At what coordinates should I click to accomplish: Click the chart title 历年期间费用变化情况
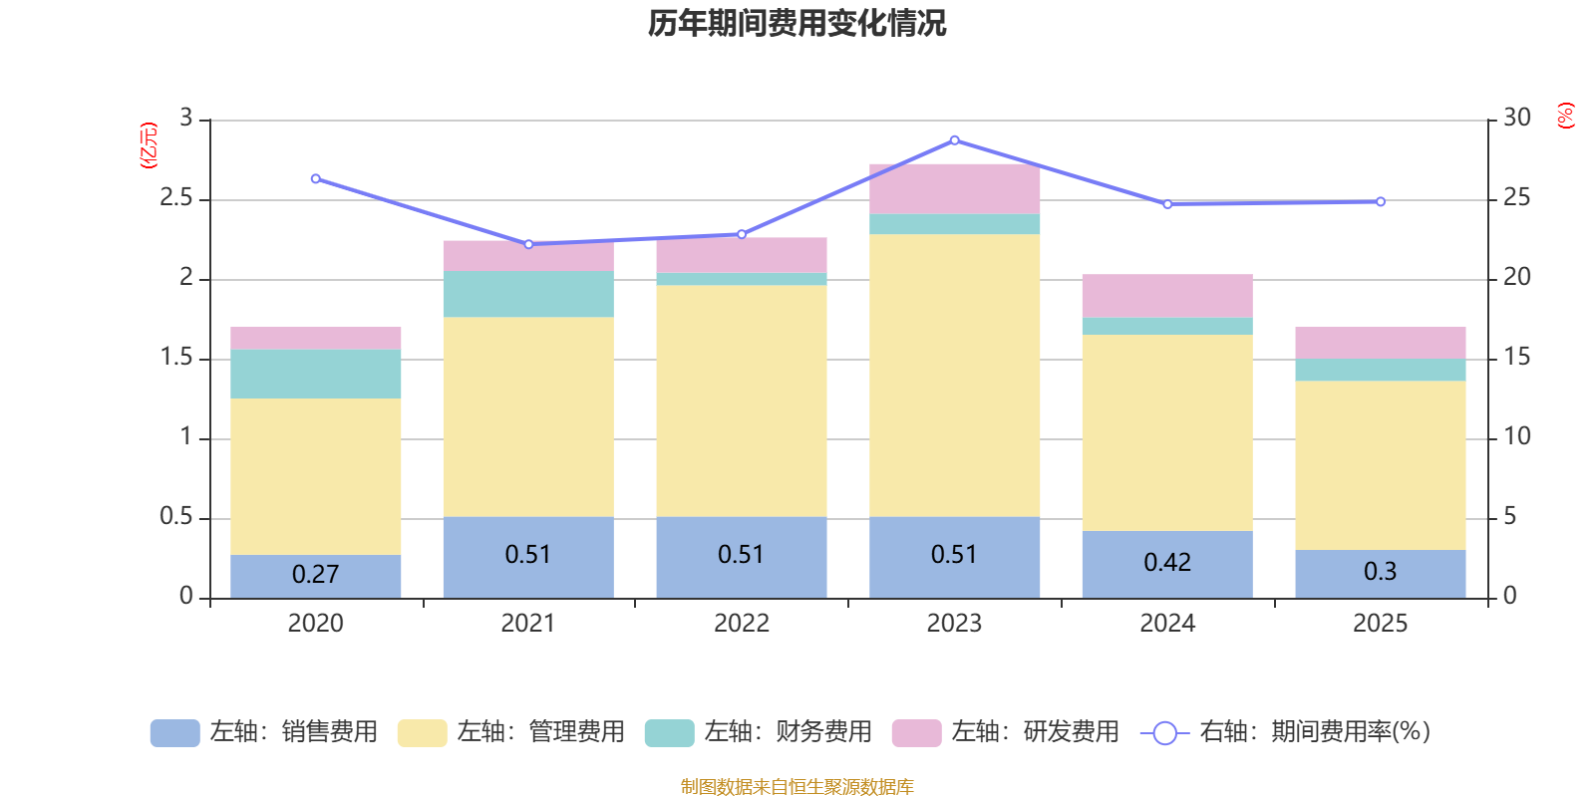(x=797, y=23)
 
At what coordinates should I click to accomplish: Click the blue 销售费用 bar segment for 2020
(x=315, y=588)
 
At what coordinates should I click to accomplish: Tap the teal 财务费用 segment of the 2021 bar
(x=527, y=294)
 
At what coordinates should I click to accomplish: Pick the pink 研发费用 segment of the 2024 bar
(x=1166, y=296)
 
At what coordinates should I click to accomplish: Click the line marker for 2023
(x=954, y=140)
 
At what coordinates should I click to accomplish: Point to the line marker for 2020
(x=315, y=179)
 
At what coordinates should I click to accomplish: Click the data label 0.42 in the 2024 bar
(x=1166, y=563)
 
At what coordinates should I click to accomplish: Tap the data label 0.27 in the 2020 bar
(x=315, y=575)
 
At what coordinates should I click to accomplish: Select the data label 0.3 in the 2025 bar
(x=1380, y=572)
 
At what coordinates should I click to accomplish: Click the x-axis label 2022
(x=741, y=624)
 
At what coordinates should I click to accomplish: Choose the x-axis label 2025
(x=1380, y=624)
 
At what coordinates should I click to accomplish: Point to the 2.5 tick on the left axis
(x=176, y=198)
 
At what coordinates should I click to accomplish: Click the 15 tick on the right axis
(x=1516, y=358)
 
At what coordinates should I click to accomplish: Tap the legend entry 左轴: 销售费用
(x=264, y=732)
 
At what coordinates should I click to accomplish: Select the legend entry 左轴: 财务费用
(x=759, y=732)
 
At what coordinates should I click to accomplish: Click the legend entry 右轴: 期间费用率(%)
(x=1286, y=732)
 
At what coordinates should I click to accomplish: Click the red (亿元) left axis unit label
(x=149, y=145)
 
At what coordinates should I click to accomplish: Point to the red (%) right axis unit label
(x=1565, y=116)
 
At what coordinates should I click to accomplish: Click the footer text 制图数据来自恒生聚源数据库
(x=797, y=787)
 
